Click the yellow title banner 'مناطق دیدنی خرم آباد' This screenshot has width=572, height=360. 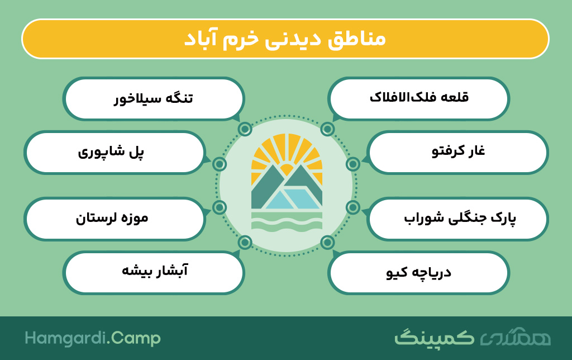(x=285, y=39)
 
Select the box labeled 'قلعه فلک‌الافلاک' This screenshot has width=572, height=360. (x=418, y=98)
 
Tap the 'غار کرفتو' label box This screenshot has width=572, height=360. (x=457, y=152)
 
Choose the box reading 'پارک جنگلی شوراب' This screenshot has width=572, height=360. (x=457, y=219)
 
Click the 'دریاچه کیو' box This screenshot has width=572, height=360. (x=418, y=272)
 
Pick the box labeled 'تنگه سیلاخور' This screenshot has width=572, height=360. (x=154, y=98)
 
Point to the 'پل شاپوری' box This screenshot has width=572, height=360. (x=115, y=152)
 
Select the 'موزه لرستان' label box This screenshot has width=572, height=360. (x=115, y=219)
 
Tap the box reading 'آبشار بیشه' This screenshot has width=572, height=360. (x=154, y=272)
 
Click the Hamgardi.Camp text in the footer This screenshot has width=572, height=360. (x=93, y=338)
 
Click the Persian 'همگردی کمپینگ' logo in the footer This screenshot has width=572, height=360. (x=473, y=338)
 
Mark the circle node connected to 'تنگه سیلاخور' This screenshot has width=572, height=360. (x=245, y=129)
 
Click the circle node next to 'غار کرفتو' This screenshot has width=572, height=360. (x=353, y=164)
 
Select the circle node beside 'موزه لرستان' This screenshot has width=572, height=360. (x=219, y=207)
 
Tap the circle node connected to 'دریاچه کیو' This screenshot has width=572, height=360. (x=327, y=242)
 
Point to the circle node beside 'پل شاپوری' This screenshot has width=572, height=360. (x=219, y=164)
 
